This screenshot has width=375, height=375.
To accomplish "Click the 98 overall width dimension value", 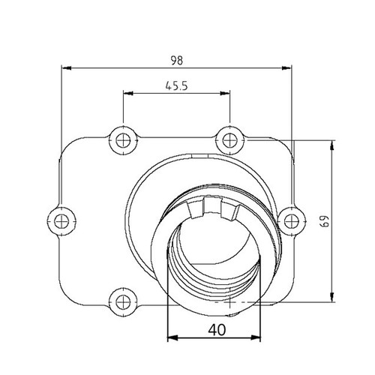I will click(177, 58).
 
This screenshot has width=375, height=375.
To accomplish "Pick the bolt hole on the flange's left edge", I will click(61, 219).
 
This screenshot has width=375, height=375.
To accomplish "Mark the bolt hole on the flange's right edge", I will click(289, 219).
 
